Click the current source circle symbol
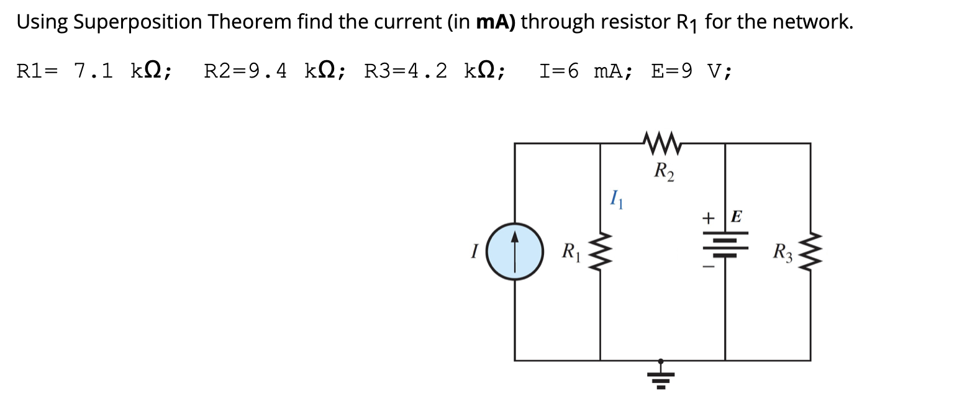click(x=515, y=251)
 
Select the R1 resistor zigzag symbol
click(x=600, y=252)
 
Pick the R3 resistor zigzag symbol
click(x=810, y=252)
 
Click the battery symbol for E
click(x=725, y=246)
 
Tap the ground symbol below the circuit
click(x=661, y=375)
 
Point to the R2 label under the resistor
click(x=664, y=171)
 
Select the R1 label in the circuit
click(x=570, y=251)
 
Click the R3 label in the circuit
click(x=782, y=252)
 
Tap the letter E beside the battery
click(x=737, y=217)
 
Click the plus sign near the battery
click(x=708, y=218)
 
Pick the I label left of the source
click(x=474, y=251)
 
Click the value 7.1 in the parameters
click(x=93, y=71)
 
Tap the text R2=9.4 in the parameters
click(x=245, y=71)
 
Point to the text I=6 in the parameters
click(x=558, y=71)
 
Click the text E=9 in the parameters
click(x=671, y=71)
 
